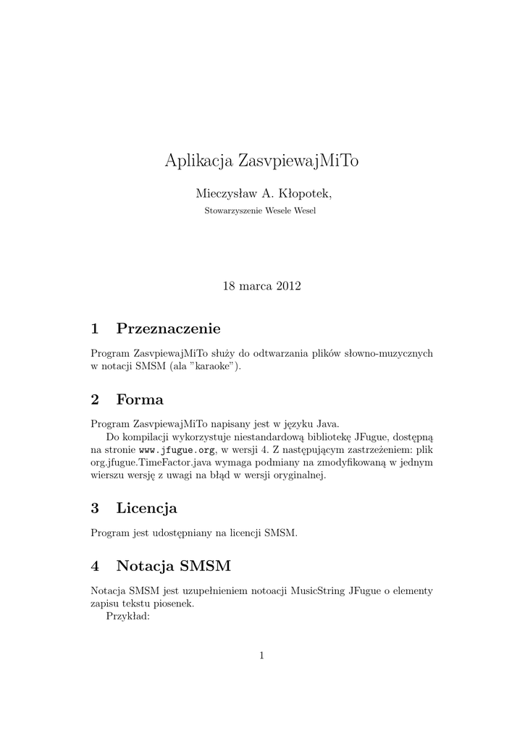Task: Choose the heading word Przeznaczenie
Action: coord(168,329)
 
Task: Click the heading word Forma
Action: coord(140,399)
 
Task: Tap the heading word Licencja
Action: coord(146,508)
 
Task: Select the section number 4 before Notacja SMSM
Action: coord(95,564)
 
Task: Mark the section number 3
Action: coord(95,508)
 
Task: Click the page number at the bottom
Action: coord(262,656)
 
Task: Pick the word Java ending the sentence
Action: coord(325,423)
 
